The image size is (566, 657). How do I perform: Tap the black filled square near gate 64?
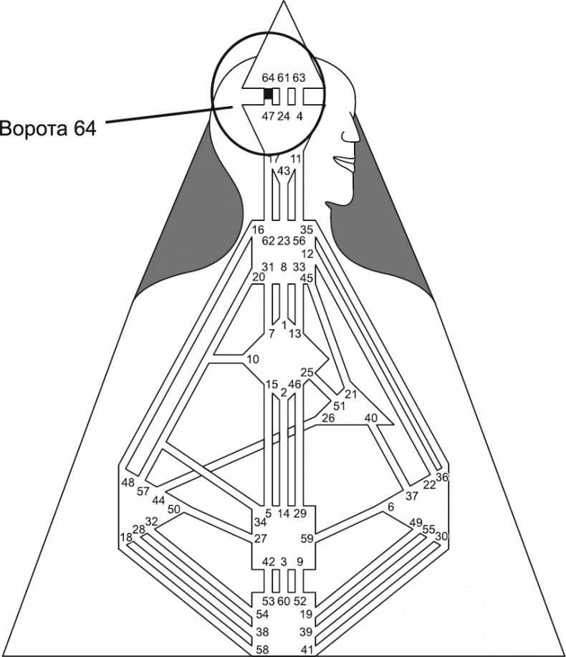tap(269, 94)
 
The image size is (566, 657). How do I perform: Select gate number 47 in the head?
tap(269, 115)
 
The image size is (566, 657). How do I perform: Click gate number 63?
tap(299, 77)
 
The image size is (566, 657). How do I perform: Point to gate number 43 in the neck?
tap(284, 171)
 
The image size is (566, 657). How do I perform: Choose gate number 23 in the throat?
tap(283, 241)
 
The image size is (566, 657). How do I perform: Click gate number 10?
tap(251, 359)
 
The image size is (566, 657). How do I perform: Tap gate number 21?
tap(350, 394)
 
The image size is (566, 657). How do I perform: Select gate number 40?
tap(370, 417)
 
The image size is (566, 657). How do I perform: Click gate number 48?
tap(128, 481)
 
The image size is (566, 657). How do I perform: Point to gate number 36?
tap(442, 477)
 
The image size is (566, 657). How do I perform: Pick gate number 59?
tap(307, 539)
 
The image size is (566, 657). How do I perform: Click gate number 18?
tap(126, 537)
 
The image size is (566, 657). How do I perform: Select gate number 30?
tap(441, 536)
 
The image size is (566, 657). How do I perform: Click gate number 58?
tap(263, 649)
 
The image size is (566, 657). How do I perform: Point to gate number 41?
tap(306, 649)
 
